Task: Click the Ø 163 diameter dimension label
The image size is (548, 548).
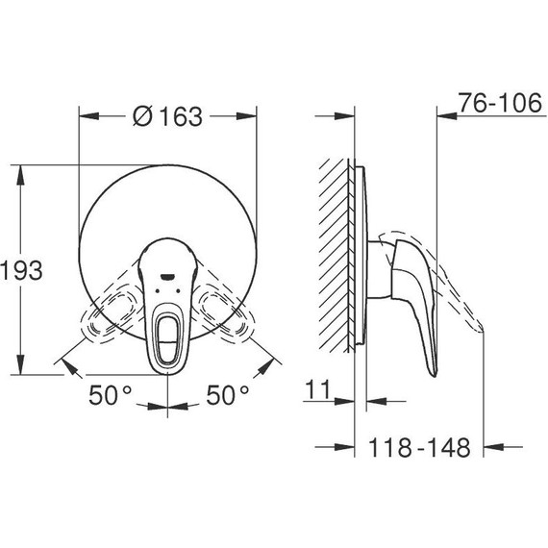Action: pyautogui.click(x=167, y=116)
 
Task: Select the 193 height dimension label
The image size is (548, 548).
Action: pyautogui.click(x=22, y=270)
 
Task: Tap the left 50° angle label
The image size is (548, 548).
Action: pyautogui.click(x=111, y=395)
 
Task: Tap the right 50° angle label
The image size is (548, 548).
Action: pyautogui.click(x=228, y=395)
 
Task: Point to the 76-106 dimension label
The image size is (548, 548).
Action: pyautogui.click(x=501, y=103)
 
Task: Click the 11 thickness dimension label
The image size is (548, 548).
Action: pyautogui.click(x=317, y=389)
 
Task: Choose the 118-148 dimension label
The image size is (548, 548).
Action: pyautogui.click(x=419, y=447)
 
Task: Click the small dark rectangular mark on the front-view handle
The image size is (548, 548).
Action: pyautogui.click(x=167, y=277)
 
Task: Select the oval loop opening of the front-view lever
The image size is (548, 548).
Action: pyautogui.click(x=167, y=336)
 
